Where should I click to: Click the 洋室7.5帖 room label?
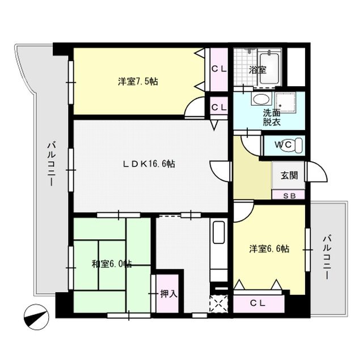138,82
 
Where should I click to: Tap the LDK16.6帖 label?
149,164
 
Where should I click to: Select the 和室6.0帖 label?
112,264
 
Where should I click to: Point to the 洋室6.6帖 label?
269,248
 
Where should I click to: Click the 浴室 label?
258,70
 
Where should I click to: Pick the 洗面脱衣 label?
271,116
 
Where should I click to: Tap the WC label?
283,145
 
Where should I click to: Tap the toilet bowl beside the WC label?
299,145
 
